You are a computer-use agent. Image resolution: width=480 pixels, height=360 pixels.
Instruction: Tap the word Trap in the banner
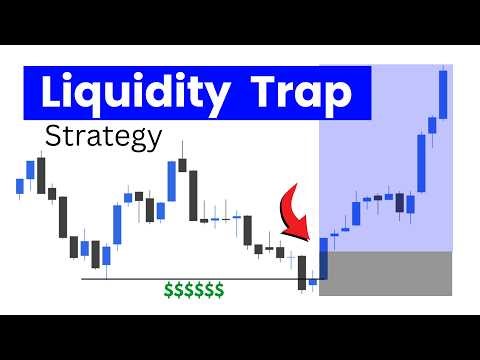coord(305,93)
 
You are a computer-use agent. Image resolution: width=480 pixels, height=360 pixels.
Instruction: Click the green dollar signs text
coord(195,290)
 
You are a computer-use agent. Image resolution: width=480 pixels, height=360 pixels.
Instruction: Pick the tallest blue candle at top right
coord(442,96)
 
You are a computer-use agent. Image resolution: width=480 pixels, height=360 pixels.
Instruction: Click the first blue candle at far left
coord(20,185)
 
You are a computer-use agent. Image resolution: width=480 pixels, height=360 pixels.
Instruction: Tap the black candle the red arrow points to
coord(302,272)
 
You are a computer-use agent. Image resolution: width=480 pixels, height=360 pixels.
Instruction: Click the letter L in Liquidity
coord(49,93)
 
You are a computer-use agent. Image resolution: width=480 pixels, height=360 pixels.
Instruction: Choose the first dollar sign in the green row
coord(171,290)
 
